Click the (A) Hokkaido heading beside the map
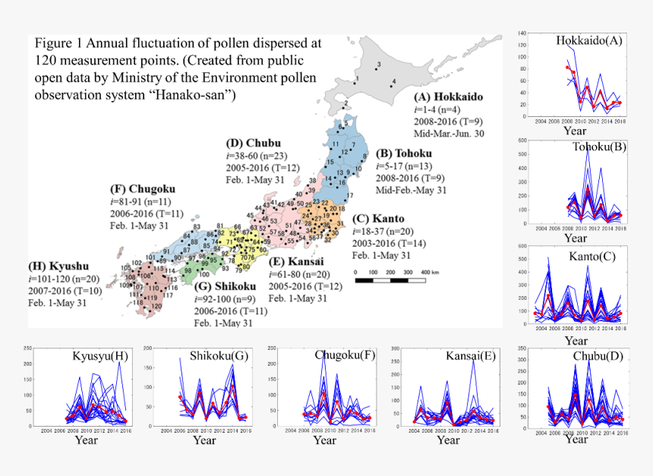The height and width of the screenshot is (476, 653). (448, 97)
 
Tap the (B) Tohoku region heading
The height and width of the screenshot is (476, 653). (411, 153)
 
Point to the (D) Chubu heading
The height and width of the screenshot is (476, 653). (254, 143)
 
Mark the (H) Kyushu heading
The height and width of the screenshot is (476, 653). (59, 266)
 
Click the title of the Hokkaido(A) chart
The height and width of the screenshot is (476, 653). (589, 40)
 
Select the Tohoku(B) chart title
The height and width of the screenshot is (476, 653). (599, 147)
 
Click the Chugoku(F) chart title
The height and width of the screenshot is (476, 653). (345, 355)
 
